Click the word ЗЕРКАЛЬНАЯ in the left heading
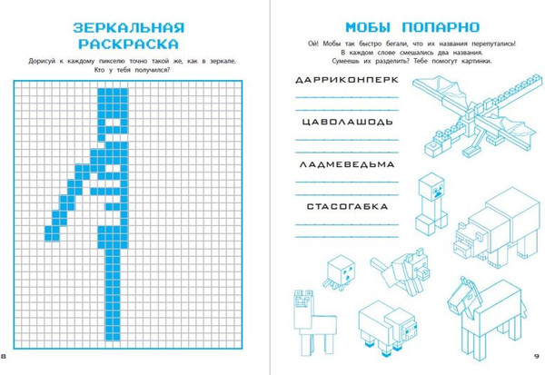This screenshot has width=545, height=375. tap(128, 28)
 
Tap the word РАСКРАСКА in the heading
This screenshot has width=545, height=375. tap(128, 44)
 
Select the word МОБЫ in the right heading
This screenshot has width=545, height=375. tap(368, 27)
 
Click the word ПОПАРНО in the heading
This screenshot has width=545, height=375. tap(441, 27)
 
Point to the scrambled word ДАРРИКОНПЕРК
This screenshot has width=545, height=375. tap(347, 80)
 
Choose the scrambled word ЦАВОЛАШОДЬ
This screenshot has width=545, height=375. tap(347, 122)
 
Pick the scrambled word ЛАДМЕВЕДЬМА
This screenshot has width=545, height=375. tap(347, 164)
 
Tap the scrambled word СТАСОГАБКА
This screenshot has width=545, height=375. tap(347, 207)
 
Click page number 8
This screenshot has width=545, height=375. tap(4, 356)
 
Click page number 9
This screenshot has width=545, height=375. tap(536, 356)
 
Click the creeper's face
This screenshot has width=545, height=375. tap(437, 191)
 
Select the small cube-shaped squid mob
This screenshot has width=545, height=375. tap(340, 272)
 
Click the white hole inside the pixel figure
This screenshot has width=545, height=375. tap(113, 123)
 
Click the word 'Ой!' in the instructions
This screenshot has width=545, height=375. tap(312, 44)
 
